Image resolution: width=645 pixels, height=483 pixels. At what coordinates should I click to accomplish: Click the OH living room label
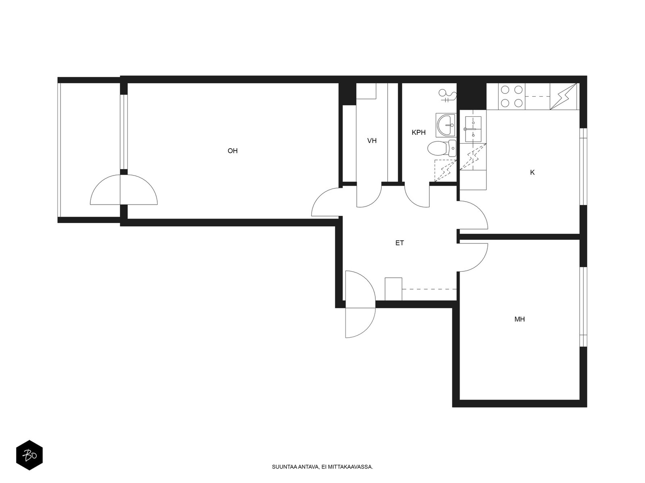click(233, 151)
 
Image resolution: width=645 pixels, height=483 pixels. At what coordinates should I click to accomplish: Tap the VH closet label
click(372, 141)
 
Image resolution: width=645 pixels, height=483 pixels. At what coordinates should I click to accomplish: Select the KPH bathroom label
click(418, 132)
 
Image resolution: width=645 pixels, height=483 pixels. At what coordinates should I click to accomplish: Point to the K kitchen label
click(532, 172)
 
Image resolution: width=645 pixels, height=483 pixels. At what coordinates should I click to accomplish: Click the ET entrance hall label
click(399, 243)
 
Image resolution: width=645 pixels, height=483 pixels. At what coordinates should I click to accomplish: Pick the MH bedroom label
click(520, 319)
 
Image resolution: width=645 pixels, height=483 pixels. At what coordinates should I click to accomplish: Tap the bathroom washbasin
click(446, 125)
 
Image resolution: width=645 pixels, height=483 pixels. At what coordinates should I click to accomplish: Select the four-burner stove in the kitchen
click(512, 96)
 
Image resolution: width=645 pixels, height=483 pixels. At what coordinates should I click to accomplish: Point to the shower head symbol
click(447, 95)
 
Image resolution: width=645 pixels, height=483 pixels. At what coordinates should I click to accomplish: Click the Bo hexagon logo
click(29, 455)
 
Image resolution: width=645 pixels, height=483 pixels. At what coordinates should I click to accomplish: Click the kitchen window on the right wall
click(583, 167)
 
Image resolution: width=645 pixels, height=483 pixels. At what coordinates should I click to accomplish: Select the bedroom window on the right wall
click(583, 307)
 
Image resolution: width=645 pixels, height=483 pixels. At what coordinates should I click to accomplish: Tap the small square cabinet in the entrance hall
click(393, 289)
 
